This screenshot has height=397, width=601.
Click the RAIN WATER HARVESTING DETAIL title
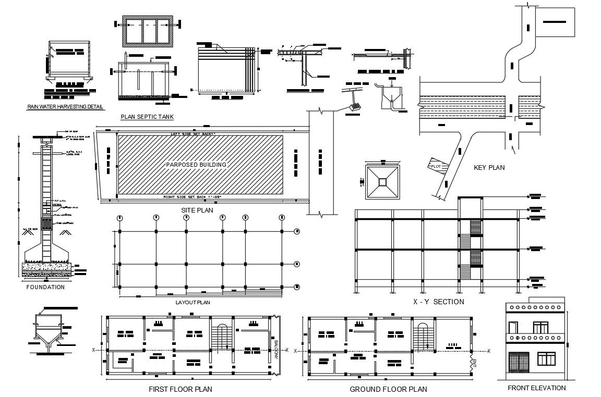(66, 107)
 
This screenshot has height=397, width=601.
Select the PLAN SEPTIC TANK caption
(147, 117)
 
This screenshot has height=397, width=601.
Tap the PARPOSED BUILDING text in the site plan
(196, 165)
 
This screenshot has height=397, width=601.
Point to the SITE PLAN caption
(197, 210)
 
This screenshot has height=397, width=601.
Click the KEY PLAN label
(489, 168)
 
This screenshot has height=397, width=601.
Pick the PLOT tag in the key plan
(436, 166)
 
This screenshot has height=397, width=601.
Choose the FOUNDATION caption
(45, 287)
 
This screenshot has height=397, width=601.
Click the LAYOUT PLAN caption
(193, 302)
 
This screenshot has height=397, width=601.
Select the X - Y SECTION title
(438, 302)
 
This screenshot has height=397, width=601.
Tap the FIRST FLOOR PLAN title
(181, 389)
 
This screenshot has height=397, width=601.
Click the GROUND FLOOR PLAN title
(388, 389)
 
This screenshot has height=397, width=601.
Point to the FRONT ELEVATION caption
(536, 388)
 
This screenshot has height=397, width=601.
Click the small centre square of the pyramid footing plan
(382, 181)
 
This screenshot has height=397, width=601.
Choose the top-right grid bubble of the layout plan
(297, 231)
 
